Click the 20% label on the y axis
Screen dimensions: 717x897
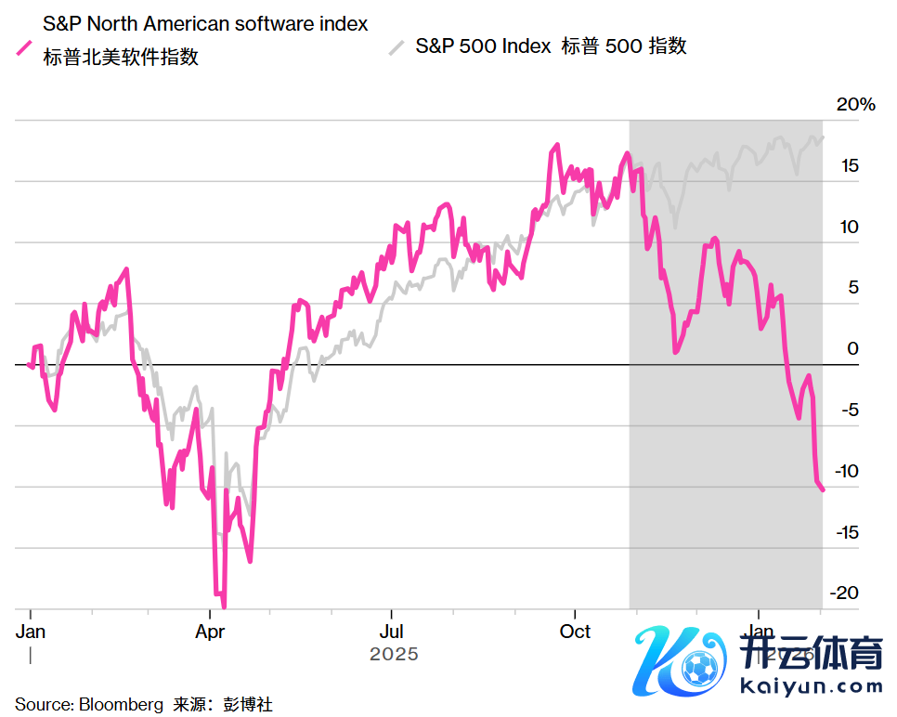(x=855, y=105)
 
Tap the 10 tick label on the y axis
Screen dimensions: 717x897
(x=849, y=228)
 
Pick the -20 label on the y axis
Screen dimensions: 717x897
(x=844, y=593)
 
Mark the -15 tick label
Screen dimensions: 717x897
(x=844, y=532)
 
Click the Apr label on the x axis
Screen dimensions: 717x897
(x=210, y=632)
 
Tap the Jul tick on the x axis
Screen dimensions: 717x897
(x=391, y=632)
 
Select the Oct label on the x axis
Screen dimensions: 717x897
(x=575, y=632)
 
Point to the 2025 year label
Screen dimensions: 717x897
(x=394, y=655)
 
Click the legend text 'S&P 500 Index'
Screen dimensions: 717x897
(x=483, y=46)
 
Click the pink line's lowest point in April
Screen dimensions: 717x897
(x=224, y=606)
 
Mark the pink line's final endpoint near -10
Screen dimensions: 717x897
(x=823, y=489)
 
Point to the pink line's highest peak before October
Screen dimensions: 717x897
(x=556, y=146)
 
